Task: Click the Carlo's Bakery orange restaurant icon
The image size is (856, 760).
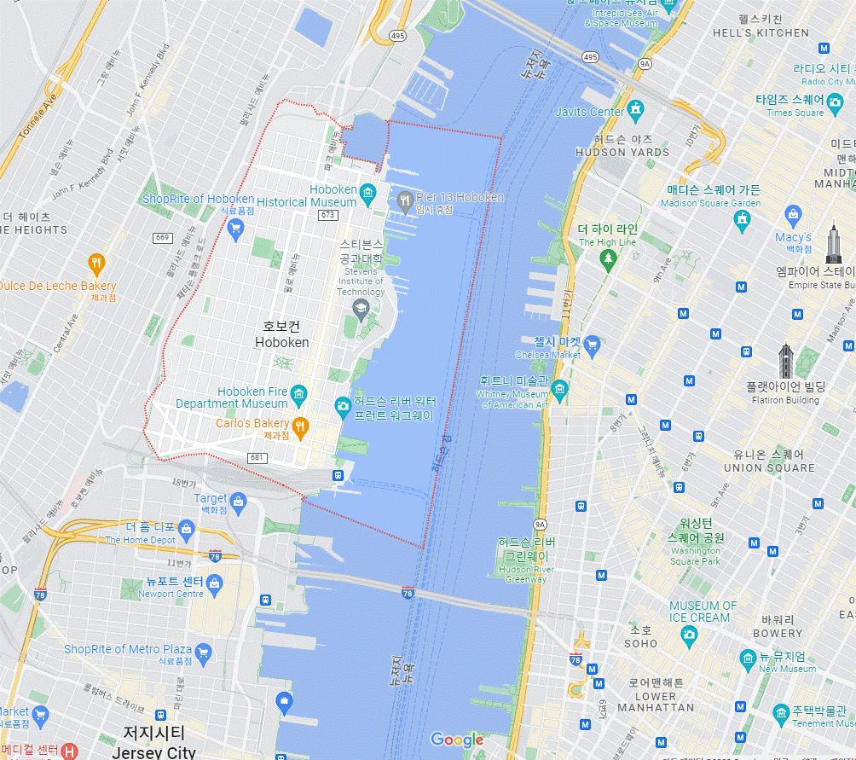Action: pos(300,425)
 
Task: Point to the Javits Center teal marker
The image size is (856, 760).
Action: pos(634,110)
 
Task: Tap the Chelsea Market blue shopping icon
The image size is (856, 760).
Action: pos(593,345)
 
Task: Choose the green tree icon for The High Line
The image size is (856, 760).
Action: pos(608,260)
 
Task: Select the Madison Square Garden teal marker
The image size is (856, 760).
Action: pos(742,219)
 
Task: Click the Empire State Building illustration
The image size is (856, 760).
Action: pos(833,245)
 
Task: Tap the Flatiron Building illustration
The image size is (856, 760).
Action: pos(786,363)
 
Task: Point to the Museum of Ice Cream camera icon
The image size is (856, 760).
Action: pos(689,634)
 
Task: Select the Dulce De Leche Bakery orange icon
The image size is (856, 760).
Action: pos(97,263)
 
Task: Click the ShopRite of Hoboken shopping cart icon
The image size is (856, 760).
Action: pos(236,228)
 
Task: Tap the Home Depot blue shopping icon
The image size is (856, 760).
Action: pos(187,529)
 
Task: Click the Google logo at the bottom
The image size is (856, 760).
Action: pos(457,740)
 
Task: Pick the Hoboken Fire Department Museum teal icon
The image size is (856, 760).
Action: pos(298,393)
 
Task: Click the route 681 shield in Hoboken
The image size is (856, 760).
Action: pos(257,458)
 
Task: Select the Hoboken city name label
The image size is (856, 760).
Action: pos(282,334)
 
